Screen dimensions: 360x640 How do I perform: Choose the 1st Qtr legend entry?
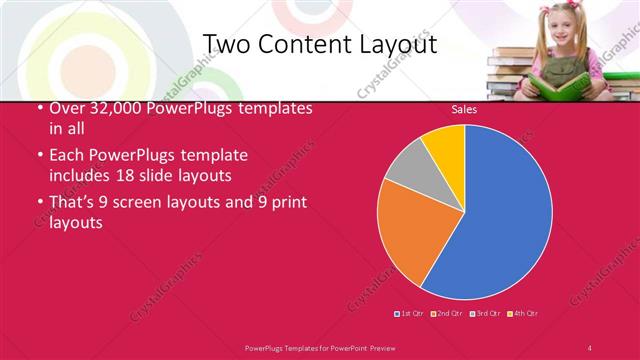tap(410, 314)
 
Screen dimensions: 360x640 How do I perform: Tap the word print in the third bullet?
tap(284, 202)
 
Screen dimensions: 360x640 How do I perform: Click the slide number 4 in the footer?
tap(590, 347)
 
